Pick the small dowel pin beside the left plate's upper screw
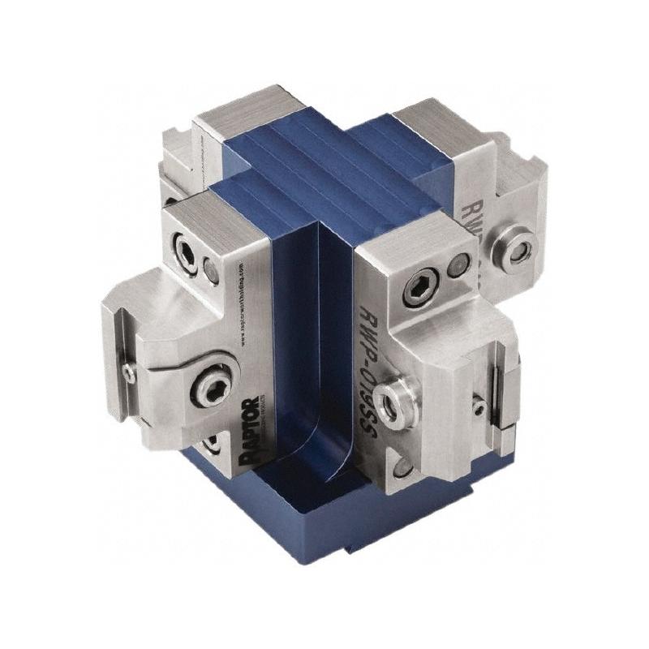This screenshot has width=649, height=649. coord(211,271)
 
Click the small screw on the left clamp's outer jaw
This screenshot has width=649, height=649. coord(129,372)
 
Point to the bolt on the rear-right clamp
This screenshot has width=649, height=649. coord(516,245)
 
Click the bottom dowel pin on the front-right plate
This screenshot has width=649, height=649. coord(406,466)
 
